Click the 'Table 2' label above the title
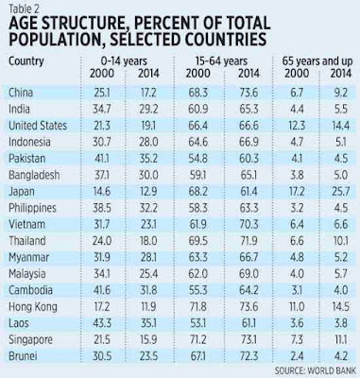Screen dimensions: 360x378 (x=25, y=9)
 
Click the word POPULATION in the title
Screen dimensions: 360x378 (x=55, y=40)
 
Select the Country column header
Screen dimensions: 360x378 (x=26, y=61)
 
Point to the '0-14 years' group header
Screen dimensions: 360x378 (x=124, y=60)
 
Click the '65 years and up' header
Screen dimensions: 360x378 (x=317, y=60)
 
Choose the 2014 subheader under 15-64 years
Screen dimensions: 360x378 (x=249, y=74)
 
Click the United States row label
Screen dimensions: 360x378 (x=38, y=126)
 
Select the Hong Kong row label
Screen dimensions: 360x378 (x=33, y=306)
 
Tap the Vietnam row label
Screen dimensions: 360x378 (x=26, y=224)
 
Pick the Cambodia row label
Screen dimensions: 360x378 (x=30, y=290)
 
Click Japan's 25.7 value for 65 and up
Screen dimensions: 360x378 (x=341, y=191)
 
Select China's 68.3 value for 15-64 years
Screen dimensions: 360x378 (x=198, y=93)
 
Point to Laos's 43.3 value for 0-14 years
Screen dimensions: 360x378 (x=102, y=323)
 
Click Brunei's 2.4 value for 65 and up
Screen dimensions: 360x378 (x=297, y=356)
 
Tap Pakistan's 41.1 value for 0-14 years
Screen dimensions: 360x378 (x=102, y=158)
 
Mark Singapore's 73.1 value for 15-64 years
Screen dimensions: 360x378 (x=249, y=339)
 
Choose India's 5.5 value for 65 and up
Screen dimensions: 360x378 (x=341, y=109)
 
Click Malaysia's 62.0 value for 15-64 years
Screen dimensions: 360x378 (x=198, y=273)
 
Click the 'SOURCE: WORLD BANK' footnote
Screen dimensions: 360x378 (x=315, y=370)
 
